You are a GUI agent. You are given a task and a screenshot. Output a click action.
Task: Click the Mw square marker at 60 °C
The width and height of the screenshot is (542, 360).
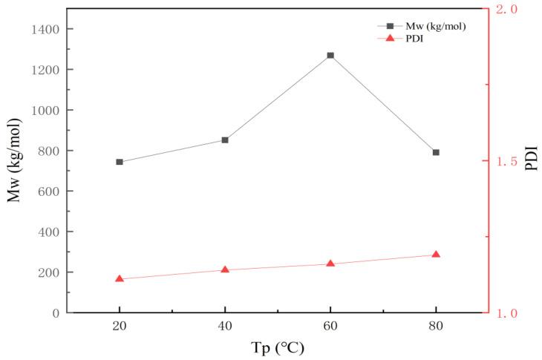pyautogui.click(x=330, y=56)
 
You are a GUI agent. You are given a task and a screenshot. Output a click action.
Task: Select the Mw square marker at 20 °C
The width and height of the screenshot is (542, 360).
pyautogui.click(x=120, y=162)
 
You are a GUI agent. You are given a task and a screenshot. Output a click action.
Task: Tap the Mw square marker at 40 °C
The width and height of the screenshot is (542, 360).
pyautogui.click(x=225, y=140)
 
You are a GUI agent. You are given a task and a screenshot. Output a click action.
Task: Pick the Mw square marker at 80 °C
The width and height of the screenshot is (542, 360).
pyautogui.click(x=436, y=152)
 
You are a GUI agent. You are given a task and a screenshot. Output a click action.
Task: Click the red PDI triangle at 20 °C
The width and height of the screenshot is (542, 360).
pyautogui.click(x=120, y=279)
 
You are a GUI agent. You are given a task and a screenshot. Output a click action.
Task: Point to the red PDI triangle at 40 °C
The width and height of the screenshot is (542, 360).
pyautogui.click(x=225, y=269)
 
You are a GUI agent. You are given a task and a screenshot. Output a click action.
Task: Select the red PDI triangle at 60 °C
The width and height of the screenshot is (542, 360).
pyautogui.click(x=330, y=264)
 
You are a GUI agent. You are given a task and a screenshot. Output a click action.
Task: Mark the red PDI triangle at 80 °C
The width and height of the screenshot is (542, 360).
pyautogui.click(x=436, y=255)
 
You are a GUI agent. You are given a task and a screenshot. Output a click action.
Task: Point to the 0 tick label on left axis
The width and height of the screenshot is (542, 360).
pyautogui.click(x=56, y=313)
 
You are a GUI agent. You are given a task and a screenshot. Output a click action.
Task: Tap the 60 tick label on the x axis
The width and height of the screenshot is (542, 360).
pyautogui.click(x=330, y=327)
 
